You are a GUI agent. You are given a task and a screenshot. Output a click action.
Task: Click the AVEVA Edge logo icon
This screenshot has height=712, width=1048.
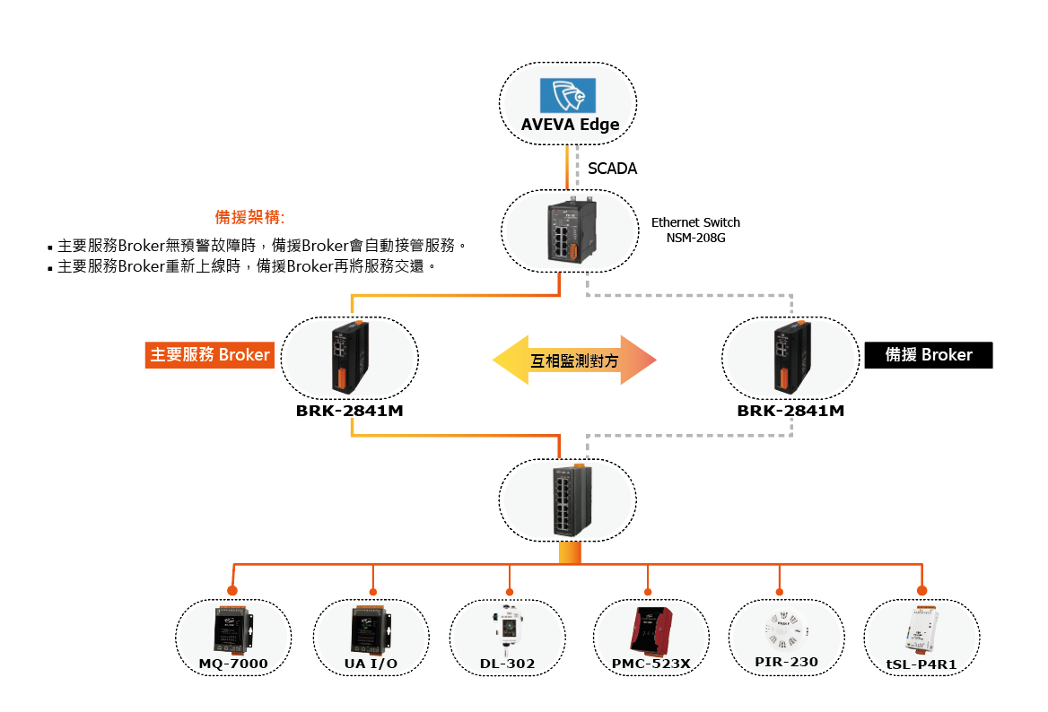pyautogui.click(x=567, y=95)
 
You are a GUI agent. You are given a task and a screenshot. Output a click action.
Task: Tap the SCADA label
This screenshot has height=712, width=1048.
pyautogui.click(x=612, y=169)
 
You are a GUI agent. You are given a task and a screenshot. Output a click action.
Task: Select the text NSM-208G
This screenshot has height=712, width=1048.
pyautogui.click(x=695, y=238)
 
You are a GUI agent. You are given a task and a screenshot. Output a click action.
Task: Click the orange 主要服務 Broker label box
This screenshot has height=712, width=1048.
pyautogui.click(x=210, y=355)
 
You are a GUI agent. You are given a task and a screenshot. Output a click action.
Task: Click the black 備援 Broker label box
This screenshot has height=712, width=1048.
pyautogui.click(x=929, y=355)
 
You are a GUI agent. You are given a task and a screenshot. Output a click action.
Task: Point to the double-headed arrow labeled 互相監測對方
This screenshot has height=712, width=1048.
pyautogui.click(x=574, y=360)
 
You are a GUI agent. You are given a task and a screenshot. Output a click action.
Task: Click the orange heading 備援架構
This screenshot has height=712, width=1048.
pyautogui.click(x=249, y=217)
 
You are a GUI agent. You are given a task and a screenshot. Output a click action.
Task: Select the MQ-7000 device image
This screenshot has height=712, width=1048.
pyautogui.click(x=232, y=629)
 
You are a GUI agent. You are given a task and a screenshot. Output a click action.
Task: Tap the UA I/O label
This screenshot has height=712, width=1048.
pyautogui.click(x=371, y=664)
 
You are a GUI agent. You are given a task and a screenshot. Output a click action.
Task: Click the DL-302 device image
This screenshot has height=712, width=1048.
pyautogui.click(x=508, y=628)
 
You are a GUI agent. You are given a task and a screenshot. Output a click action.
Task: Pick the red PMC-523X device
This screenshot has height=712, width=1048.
pyautogui.click(x=651, y=629)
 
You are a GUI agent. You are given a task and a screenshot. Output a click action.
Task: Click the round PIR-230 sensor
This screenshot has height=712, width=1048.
pyautogui.click(x=785, y=625)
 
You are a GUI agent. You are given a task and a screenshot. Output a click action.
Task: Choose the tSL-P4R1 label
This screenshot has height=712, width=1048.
pyautogui.click(x=921, y=664)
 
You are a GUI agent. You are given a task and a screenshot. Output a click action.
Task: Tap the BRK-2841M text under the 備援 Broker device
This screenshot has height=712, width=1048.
pyautogui.click(x=790, y=412)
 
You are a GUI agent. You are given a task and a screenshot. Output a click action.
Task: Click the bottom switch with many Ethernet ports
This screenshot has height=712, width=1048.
pyautogui.click(x=567, y=500)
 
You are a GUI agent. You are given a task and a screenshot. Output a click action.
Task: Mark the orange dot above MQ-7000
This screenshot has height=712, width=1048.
pyautogui.click(x=232, y=591)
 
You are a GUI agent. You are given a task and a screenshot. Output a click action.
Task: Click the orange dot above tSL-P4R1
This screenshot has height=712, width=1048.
pyautogui.click(x=921, y=591)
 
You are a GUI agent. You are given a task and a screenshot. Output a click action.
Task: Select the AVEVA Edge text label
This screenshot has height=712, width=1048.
pyautogui.click(x=570, y=125)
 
